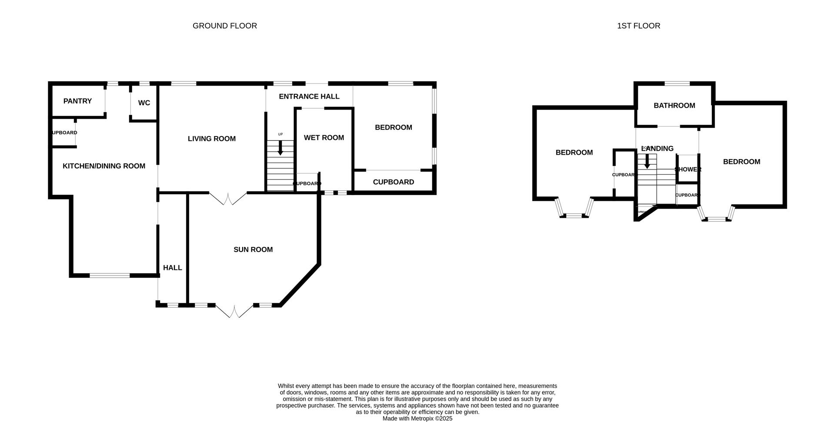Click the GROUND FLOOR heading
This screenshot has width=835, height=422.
tap(224, 26)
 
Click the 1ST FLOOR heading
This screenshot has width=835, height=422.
tap(638, 26)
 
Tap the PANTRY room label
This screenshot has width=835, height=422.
tap(77, 101)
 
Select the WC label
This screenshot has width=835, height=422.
tap(144, 103)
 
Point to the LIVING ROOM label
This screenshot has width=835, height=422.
tap(212, 139)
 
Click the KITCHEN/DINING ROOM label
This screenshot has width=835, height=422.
tap(104, 166)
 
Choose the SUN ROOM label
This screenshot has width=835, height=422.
tap(253, 249)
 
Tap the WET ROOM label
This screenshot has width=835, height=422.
tap(324, 138)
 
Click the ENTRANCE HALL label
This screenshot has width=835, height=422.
tap(309, 96)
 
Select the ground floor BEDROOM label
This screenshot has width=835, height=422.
tap(394, 127)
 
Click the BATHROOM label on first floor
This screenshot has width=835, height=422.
tap(674, 106)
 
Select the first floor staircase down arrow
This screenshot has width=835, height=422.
tap(647, 161)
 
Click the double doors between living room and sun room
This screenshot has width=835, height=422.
tap(228, 199)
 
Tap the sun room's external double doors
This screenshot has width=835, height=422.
tap(234, 311)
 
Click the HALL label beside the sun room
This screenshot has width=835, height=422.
tap(173, 268)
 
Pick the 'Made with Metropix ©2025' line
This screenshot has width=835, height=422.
tap(417, 419)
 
